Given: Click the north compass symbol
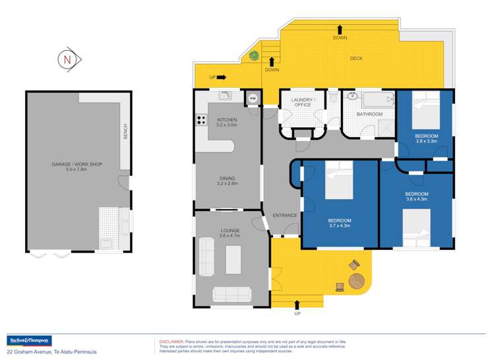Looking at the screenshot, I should tap(68, 59).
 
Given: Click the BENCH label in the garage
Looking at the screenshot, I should tap(125, 131).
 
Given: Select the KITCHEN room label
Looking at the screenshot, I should tap(226, 119).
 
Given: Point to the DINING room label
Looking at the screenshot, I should tap(226, 178).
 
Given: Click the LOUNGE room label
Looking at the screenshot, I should tap(230, 230).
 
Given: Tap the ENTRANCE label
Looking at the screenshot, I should tap(285, 215).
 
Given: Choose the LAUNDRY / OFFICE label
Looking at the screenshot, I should tap(304, 102).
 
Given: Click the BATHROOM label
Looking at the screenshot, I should tap(369, 114).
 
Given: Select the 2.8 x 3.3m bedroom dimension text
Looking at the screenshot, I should tap(427, 140).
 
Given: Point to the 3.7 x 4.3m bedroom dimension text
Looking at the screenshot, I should tap(340, 225).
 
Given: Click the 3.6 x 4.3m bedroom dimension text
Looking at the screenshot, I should tap(417, 198).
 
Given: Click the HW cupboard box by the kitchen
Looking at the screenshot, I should tap(253, 98).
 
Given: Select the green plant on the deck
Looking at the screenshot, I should tap(253, 56).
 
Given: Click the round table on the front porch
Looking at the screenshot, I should tap(356, 282).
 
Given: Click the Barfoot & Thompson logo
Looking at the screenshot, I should tap(28, 340).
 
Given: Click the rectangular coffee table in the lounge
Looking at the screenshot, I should tap(233, 258).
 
